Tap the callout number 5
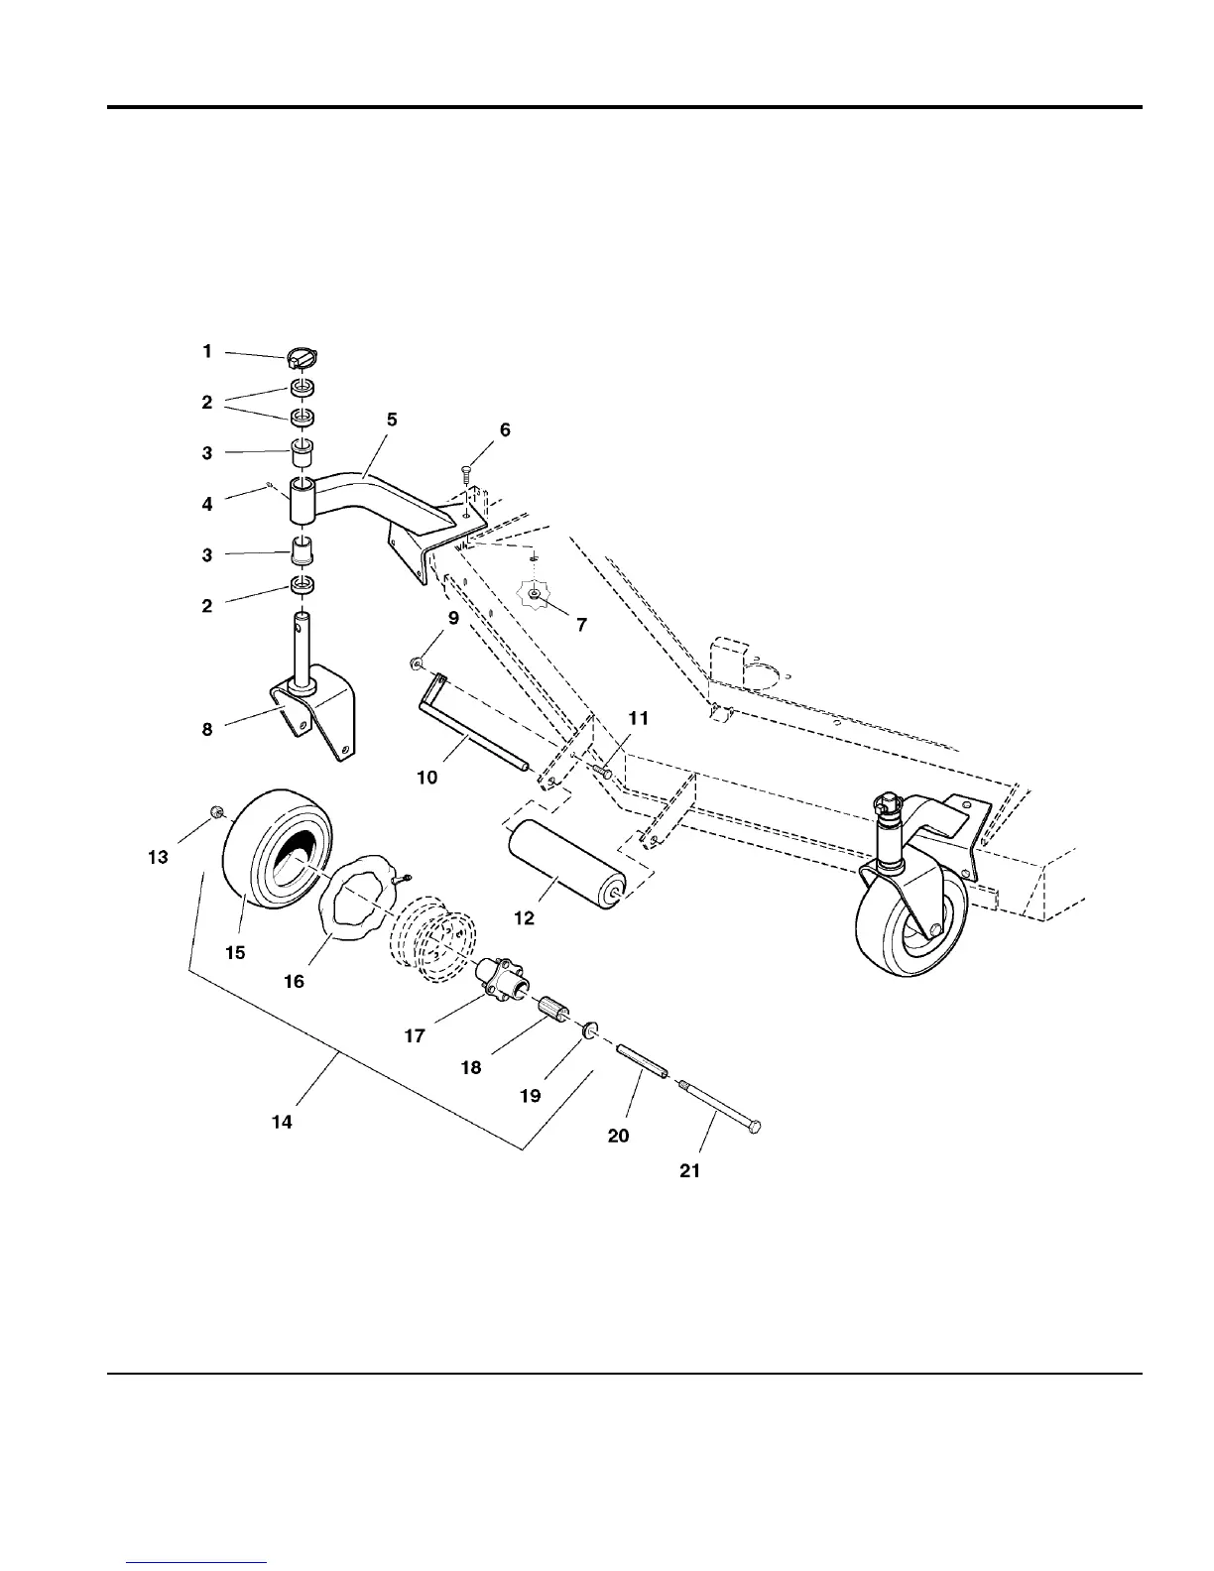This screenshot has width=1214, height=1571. (392, 420)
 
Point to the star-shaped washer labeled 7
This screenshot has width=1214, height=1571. (534, 593)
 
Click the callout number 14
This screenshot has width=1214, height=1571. (282, 1122)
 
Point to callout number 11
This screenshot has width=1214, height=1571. (639, 718)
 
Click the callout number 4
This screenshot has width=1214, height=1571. (207, 505)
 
